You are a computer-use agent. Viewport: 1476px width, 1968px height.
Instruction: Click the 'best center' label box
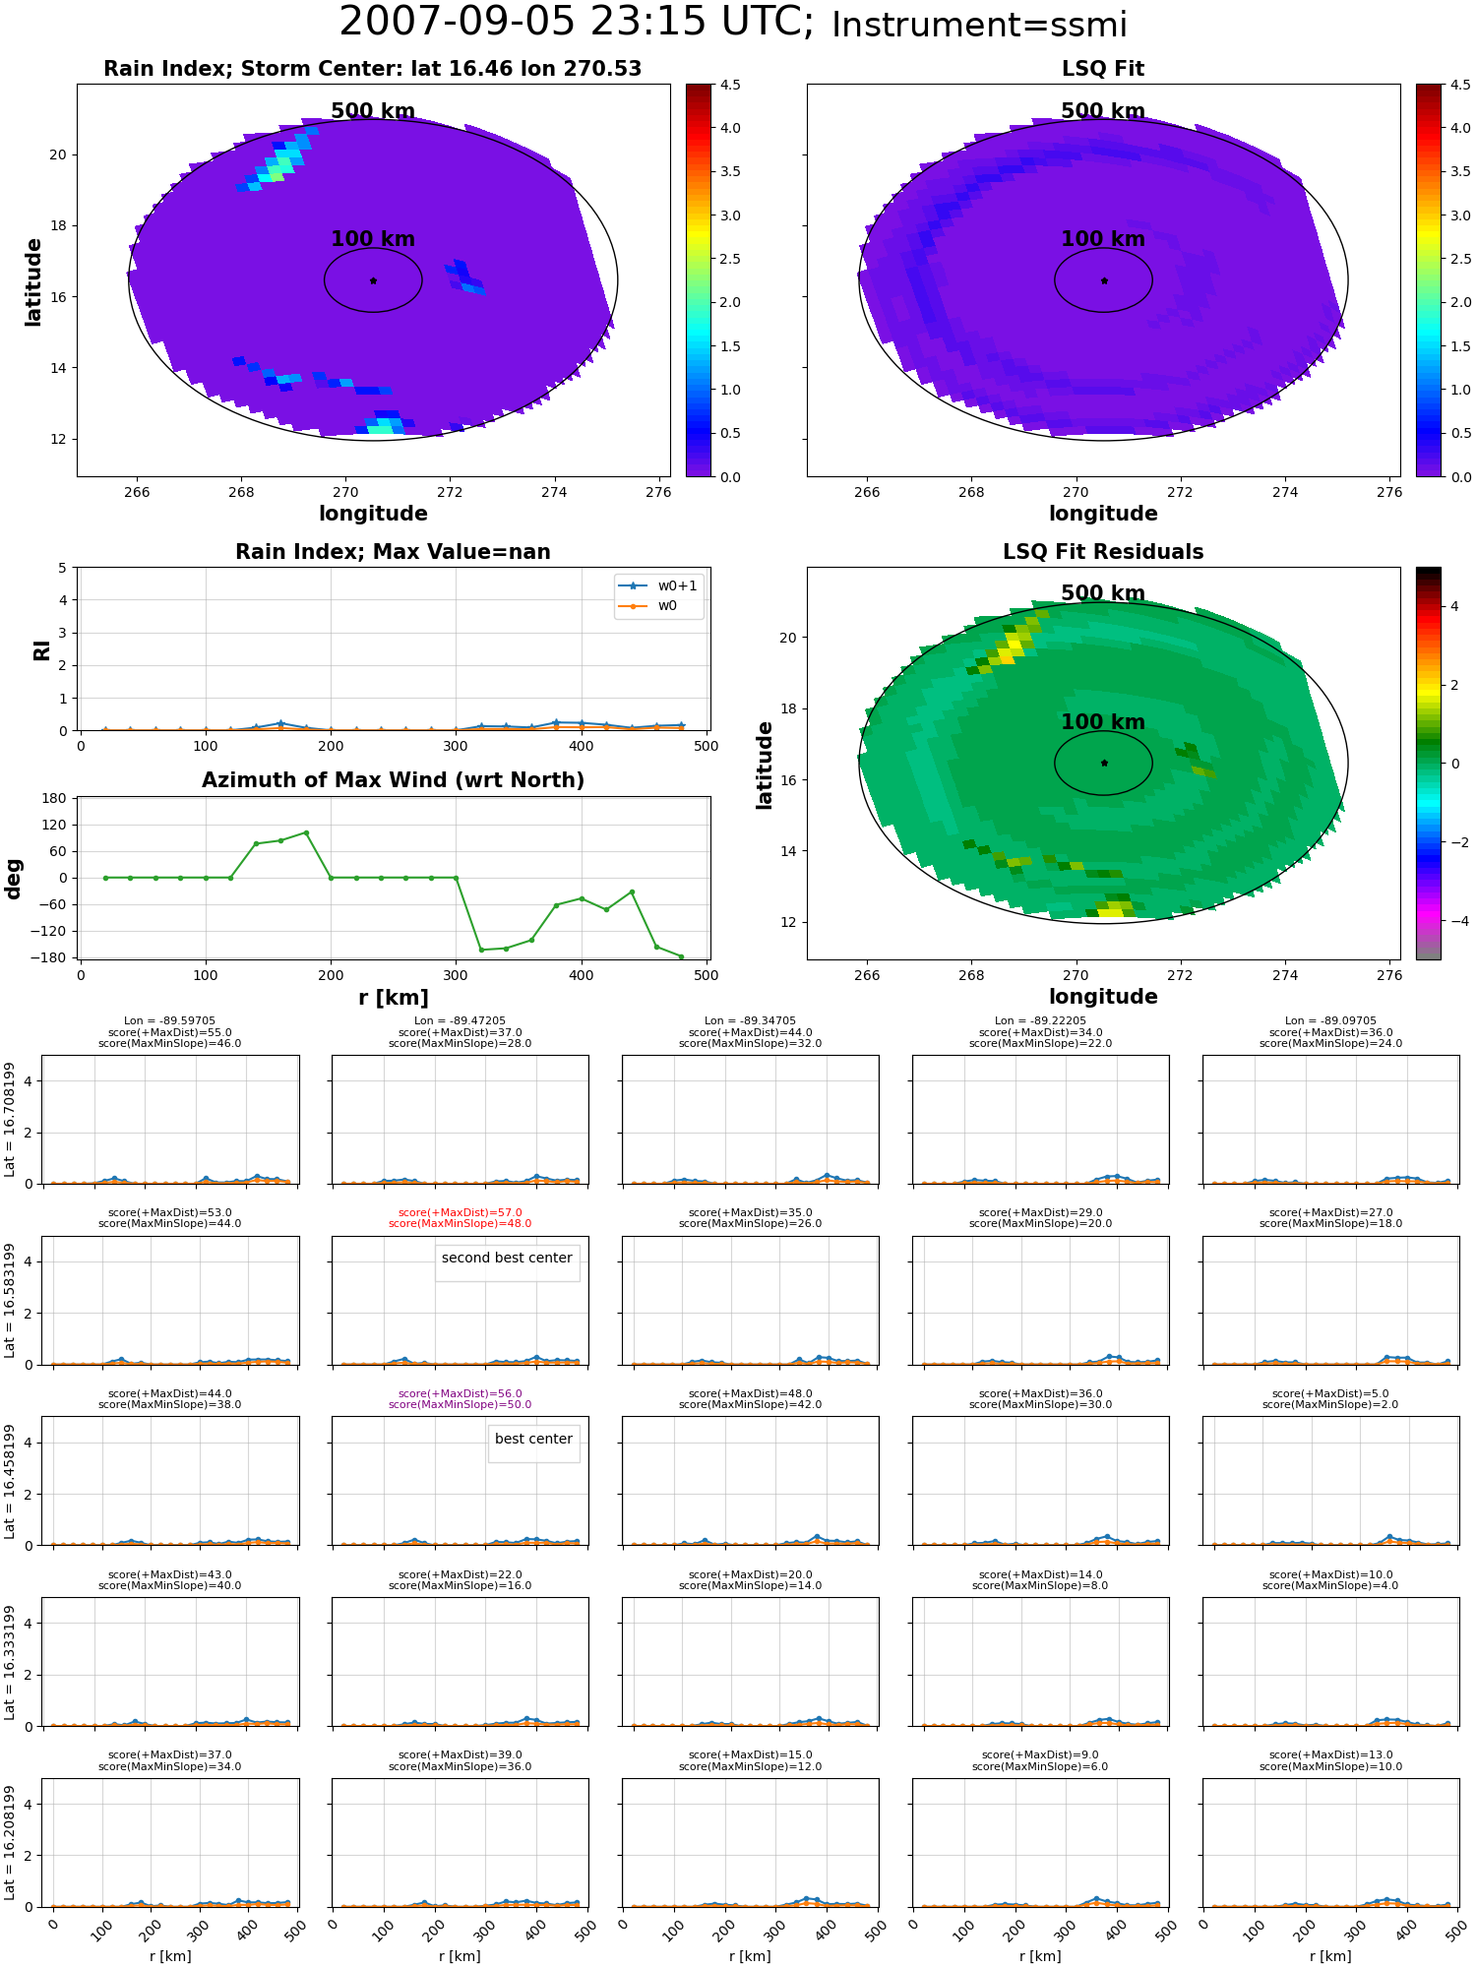[x=533, y=1444]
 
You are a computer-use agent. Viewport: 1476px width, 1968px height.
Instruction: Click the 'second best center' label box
[x=507, y=1262]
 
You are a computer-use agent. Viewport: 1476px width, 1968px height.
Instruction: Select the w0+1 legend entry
[x=658, y=585]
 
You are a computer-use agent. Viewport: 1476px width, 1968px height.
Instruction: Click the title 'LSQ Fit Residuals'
[x=1103, y=552]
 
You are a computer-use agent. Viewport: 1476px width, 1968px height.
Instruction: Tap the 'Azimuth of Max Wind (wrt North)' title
[x=393, y=780]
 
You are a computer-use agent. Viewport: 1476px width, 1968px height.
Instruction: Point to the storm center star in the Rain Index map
[x=373, y=280]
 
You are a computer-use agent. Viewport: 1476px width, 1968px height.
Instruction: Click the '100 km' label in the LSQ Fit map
[x=1103, y=239]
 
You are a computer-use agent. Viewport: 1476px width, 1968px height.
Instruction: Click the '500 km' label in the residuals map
[x=1103, y=593]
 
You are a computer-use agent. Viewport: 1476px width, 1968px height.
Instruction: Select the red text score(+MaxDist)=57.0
[x=460, y=1212]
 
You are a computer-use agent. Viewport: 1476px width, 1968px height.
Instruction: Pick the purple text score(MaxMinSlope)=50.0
[x=460, y=1404]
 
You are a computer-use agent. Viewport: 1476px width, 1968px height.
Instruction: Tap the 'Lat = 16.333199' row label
[x=10, y=1662]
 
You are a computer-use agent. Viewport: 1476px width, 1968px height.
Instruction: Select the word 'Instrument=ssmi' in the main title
[x=979, y=26]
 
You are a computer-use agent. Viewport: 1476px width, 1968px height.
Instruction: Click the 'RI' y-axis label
[x=42, y=649]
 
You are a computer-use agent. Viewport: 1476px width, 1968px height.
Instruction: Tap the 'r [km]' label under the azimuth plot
[x=394, y=998]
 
